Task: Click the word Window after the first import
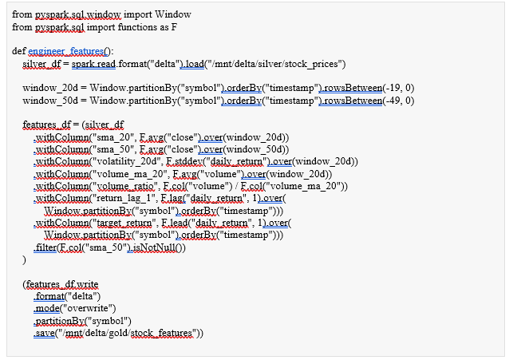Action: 172,14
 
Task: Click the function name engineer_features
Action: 66,51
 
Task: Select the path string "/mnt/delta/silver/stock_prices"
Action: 275,64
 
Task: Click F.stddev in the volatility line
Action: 184,161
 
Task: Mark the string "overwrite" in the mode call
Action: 88,308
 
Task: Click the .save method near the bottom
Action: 44,334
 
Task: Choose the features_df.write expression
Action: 62,285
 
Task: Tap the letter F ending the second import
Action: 174,27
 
